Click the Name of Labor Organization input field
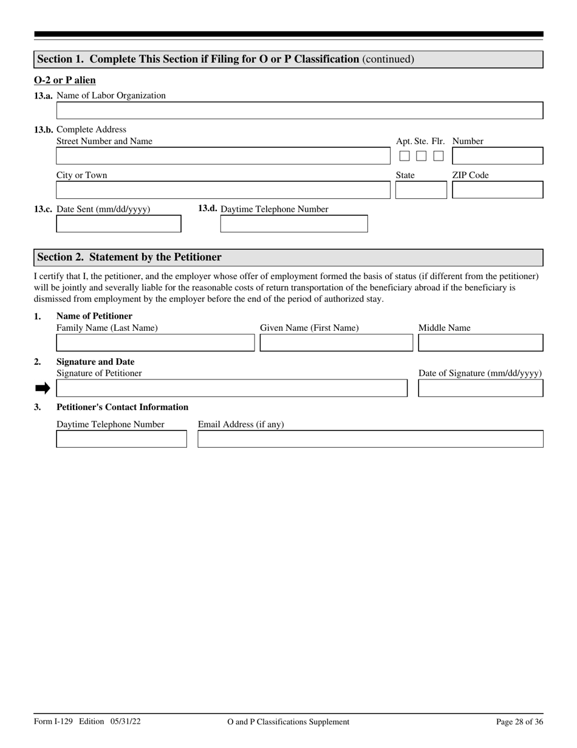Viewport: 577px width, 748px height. (299, 111)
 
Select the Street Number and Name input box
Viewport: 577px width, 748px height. (223, 156)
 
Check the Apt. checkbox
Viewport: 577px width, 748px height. (405, 156)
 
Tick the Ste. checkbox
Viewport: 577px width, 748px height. (421, 156)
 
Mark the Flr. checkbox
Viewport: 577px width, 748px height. (438, 156)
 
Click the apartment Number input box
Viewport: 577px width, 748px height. (497, 156)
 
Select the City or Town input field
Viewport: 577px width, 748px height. (223, 190)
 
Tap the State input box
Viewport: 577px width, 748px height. (421, 190)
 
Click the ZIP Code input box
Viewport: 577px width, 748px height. (497, 190)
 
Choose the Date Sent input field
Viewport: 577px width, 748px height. (118, 224)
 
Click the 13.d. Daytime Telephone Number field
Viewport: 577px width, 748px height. (294, 224)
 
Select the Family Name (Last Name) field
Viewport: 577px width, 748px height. (155, 343)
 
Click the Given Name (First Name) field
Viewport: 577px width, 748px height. (336, 343)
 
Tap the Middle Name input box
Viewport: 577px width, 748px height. (480, 343)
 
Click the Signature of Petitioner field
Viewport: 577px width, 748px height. (231, 389)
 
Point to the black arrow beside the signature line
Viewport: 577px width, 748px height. (43, 389)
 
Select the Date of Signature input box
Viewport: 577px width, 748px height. (480, 389)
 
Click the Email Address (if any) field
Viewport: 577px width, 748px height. (370, 439)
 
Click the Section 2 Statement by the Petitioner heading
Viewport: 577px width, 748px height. (129, 257)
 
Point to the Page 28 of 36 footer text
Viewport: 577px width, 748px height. (519, 722)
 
